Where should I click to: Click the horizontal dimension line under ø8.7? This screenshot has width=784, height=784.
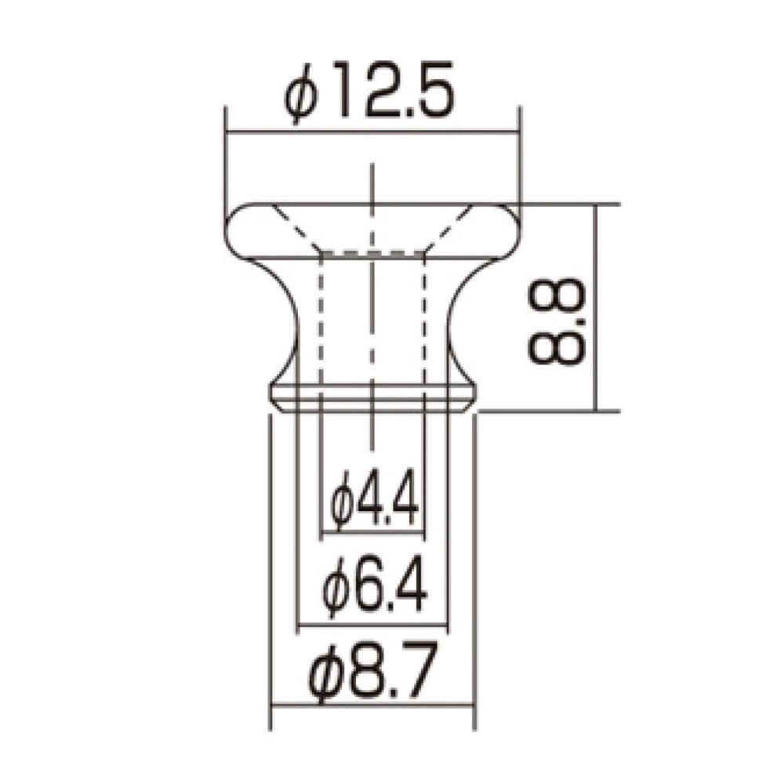[373, 707]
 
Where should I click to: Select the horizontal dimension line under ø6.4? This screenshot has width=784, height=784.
[373, 625]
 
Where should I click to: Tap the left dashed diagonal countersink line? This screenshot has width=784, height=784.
[298, 229]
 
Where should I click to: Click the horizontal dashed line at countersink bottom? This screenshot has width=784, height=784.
[373, 252]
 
